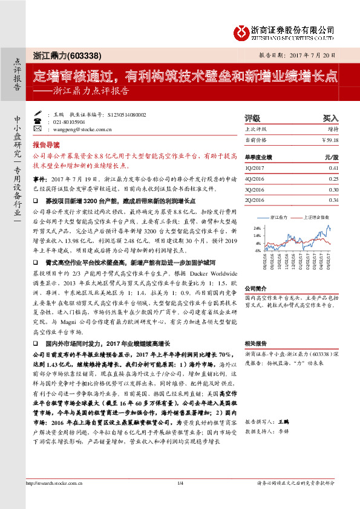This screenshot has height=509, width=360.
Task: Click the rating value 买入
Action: tap(330, 119)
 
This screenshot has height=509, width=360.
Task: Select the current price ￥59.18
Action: tap(330, 140)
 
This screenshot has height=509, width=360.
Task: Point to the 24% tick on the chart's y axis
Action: tap(257, 228)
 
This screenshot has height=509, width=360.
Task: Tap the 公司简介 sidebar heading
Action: tap(257, 288)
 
